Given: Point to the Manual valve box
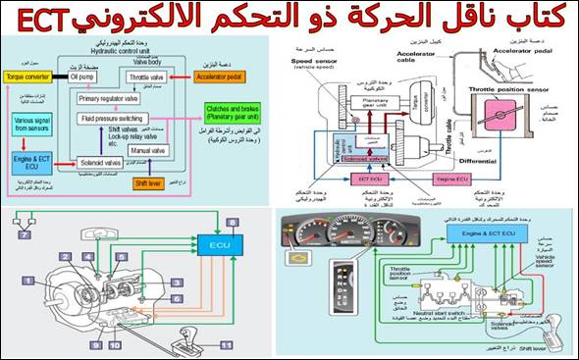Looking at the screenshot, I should pyautogui.click(x=149, y=152).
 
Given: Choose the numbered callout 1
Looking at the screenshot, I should pyautogui.click(x=30, y=281).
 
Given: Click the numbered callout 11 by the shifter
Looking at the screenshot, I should pyautogui.click(x=225, y=345).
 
